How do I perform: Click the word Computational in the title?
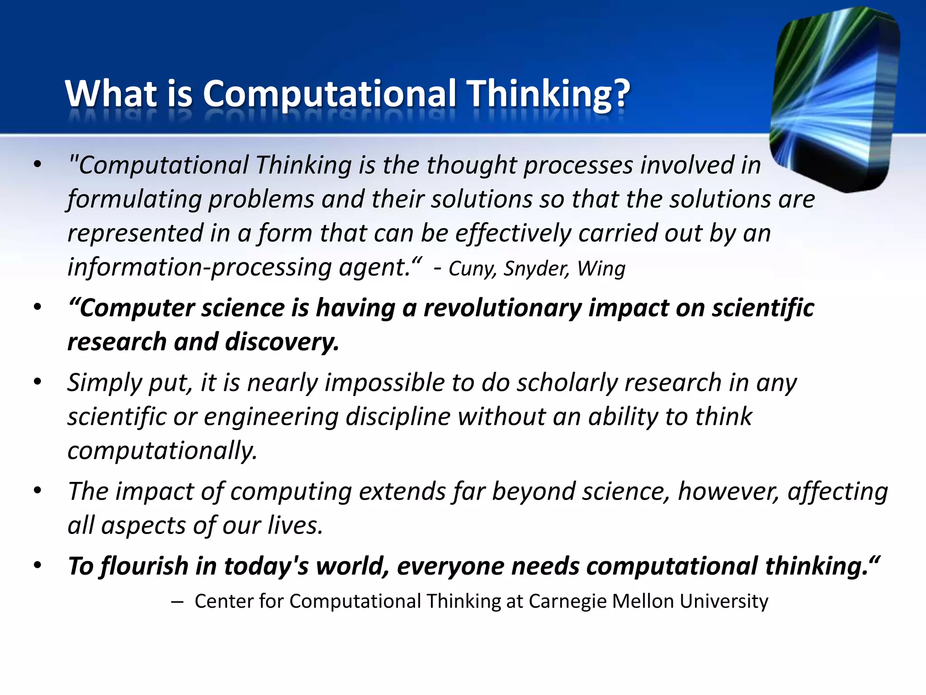click(x=329, y=94)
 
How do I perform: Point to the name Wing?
click(x=601, y=269)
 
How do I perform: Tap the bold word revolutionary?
click(x=502, y=308)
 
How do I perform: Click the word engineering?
click(x=271, y=417)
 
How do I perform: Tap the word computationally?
click(x=162, y=451)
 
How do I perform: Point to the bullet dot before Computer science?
click(x=38, y=307)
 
